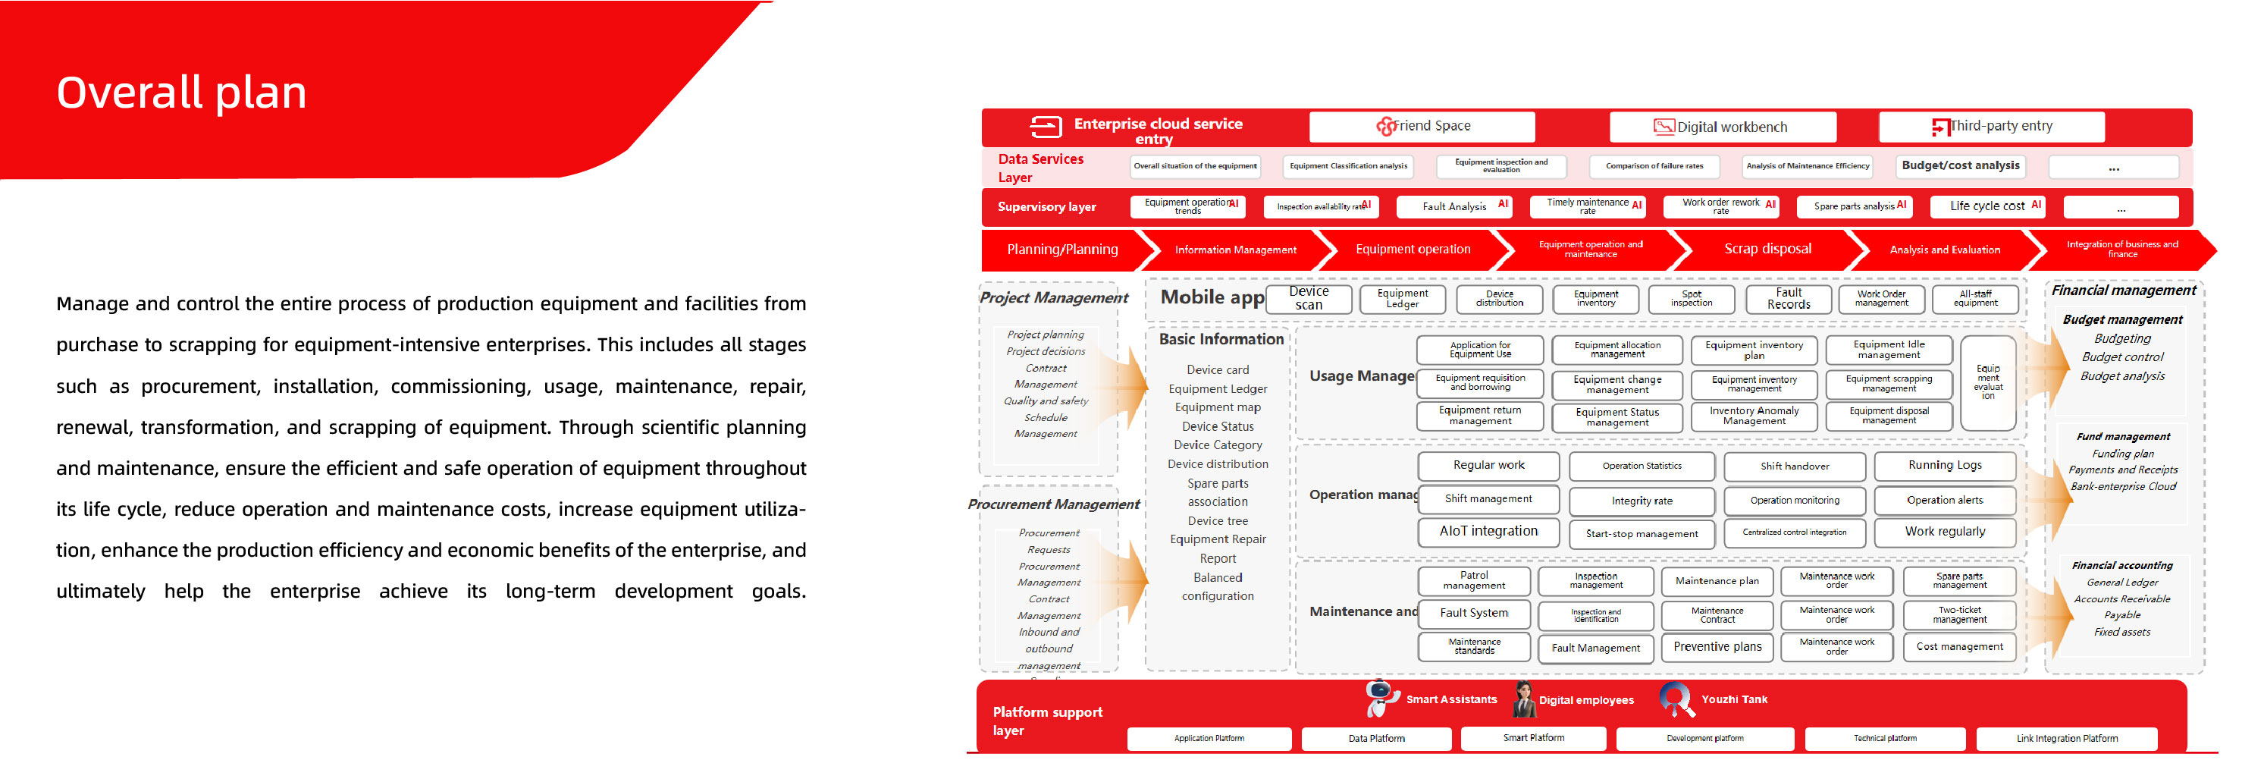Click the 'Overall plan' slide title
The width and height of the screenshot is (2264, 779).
pos(182,93)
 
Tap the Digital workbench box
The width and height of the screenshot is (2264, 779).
pos(1722,127)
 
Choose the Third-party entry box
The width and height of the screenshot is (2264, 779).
pos(1991,127)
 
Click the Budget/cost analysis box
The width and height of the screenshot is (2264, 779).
pos(1960,165)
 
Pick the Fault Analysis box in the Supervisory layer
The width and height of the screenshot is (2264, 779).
pos(1453,206)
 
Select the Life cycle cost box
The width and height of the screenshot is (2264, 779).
pos(1986,206)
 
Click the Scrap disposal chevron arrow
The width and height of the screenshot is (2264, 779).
pos(1767,250)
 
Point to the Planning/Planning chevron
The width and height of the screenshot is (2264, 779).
pos(1061,250)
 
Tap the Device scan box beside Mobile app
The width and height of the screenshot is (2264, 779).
pos(1308,299)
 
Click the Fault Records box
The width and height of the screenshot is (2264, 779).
pos(1788,299)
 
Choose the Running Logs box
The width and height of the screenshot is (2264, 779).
pos(1944,466)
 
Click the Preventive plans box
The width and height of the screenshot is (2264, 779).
pos(1717,647)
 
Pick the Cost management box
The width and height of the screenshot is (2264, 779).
pos(1959,647)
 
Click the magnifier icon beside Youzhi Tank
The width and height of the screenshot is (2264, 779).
pos(1675,699)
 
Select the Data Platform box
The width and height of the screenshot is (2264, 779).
pos(1375,739)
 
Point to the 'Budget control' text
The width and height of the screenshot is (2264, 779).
pos(2121,358)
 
